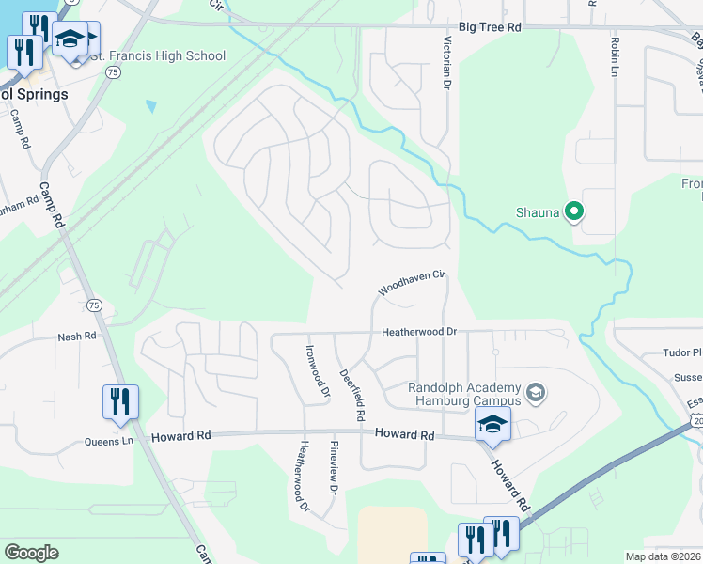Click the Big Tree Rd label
pos(490,28)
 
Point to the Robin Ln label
pos(615,57)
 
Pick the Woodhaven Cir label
pos(411,283)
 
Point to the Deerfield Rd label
pos(352,392)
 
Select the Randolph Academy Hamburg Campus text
pos(464,395)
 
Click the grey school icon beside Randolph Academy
pos(536,391)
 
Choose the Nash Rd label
pos(77,336)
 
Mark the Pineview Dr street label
pos(333,467)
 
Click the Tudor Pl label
pos(683,353)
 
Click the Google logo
pos(31,553)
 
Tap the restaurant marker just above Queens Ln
pos(120,401)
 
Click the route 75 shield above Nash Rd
pos(93,305)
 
